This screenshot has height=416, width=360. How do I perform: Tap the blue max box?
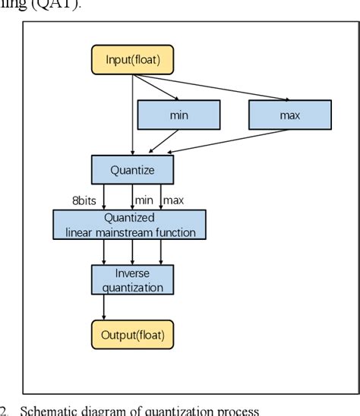289,115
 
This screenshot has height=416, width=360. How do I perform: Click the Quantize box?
133,170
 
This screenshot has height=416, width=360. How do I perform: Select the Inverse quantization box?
133,279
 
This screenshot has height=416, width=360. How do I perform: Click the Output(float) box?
133,333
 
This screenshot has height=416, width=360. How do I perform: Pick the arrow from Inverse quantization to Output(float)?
104,307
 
